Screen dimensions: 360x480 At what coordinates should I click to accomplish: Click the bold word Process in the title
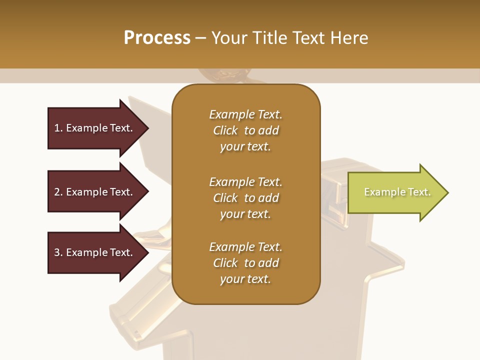click(157, 38)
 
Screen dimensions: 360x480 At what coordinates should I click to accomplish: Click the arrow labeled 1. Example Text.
click(95, 128)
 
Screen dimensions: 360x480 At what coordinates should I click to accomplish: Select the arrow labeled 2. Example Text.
click(95, 192)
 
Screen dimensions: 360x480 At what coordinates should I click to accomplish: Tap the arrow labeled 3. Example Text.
click(95, 252)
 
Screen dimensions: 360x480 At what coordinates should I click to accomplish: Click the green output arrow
click(395, 192)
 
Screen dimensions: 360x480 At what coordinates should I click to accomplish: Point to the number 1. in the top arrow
click(58, 128)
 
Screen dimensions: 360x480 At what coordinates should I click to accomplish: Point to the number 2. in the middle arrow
click(58, 192)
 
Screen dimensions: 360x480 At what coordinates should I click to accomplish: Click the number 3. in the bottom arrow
click(58, 252)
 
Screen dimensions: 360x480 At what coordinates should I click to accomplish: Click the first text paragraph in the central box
click(245, 130)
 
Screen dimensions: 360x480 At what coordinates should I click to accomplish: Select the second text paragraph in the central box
click(245, 198)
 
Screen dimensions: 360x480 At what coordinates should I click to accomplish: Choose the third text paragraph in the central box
click(245, 263)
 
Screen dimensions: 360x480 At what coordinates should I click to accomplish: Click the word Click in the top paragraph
click(225, 130)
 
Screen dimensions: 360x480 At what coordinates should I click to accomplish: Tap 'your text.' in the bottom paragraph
click(245, 279)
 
